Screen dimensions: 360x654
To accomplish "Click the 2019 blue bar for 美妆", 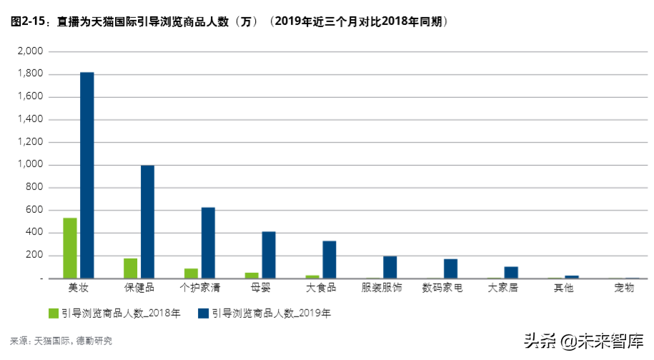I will [x=86, y=175].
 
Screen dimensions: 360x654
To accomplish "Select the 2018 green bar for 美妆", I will [x=70, y=248].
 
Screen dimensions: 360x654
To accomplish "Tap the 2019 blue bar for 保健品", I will [x=147, y=221].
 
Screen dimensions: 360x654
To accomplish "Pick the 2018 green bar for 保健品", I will [x=131, y=268].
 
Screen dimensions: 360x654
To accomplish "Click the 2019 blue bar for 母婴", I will [x=269, y=254].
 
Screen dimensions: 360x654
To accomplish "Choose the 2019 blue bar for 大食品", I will [x=330, y=259].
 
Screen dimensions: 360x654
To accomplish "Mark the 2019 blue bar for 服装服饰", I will [x=390, y=267].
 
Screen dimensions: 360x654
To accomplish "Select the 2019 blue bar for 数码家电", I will [x=450, y=269].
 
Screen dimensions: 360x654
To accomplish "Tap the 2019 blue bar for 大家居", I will [x=511, y=272].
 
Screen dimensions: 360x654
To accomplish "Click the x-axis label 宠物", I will [x=623, y=288].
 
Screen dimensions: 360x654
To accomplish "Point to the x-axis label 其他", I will [x=563, y=288].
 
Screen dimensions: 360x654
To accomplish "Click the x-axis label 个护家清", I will [x=199, y=288].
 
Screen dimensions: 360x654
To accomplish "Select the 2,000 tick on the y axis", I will [x=31, y=51].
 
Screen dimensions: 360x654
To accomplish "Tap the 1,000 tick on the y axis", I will [x=31, y=165].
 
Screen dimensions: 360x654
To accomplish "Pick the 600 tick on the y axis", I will [x=35, y=210].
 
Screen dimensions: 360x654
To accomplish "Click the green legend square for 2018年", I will [x=53, y=313].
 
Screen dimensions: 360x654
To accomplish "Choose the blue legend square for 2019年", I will [x=204, y=313].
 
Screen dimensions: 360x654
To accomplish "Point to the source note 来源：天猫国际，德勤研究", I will [x=61, y=341].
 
